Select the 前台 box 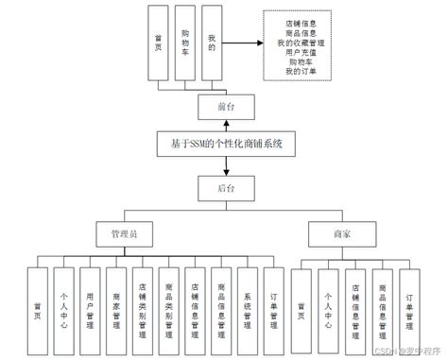coord(224,106)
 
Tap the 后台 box coord(224,188)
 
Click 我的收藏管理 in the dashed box coord(302,43)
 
